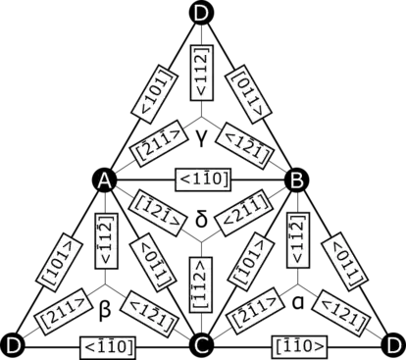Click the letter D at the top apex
(x=201, y=13)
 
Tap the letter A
(x=105, y=180)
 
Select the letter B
(x=296, y=180)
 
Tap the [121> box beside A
(x=154, y=209)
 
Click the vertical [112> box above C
(x=200, y=285)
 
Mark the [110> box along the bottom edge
(x=299, y=345)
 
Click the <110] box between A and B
(x=201, y=180)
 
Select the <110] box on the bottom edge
(x=108, y=345)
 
